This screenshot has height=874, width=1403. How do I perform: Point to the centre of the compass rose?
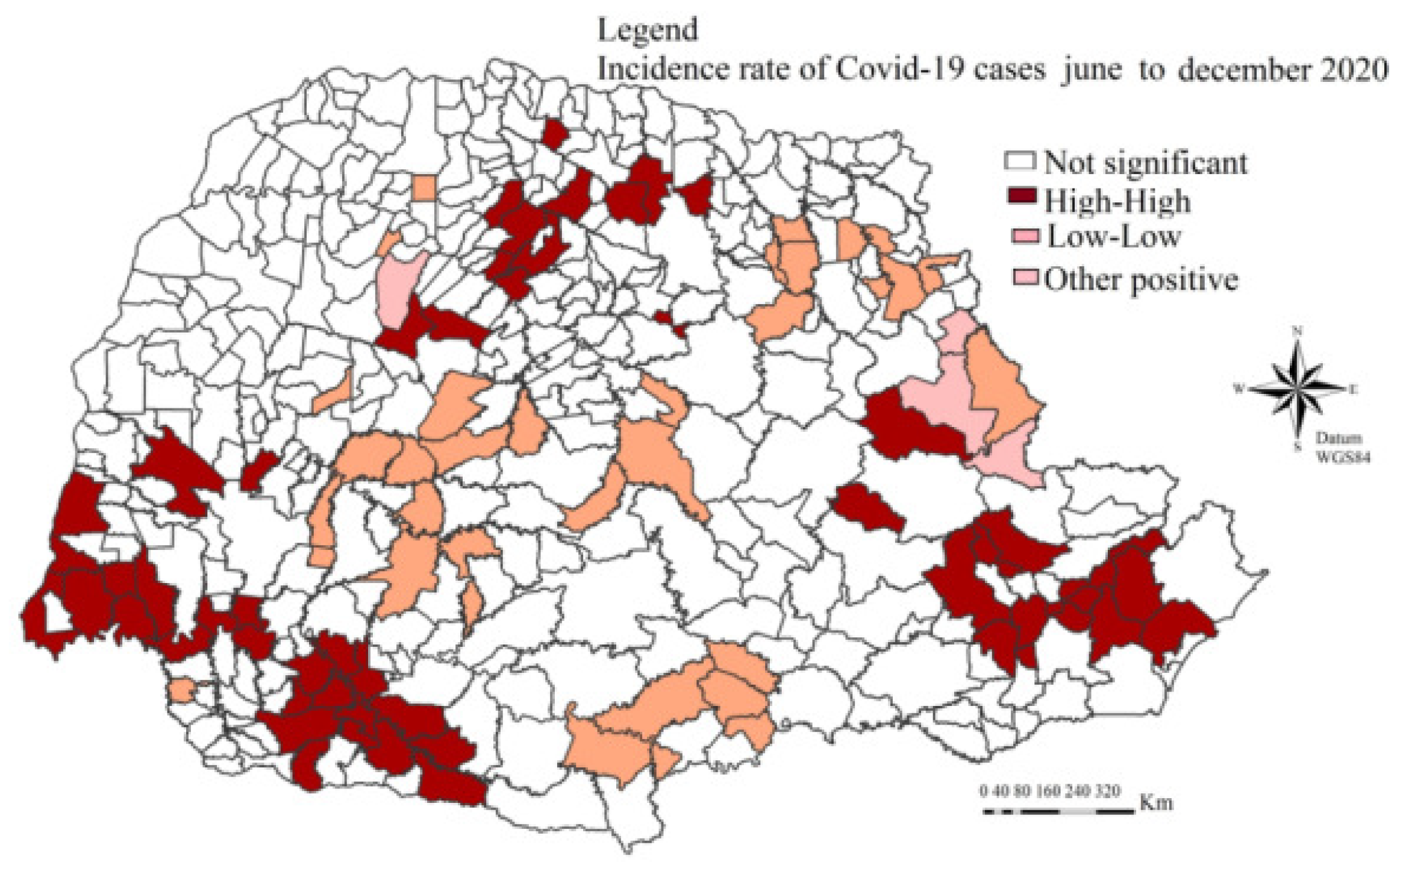pyautogui.click(x=1296, y=389)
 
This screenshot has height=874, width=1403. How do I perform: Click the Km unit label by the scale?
pyautogui.click(x=1155, y=804)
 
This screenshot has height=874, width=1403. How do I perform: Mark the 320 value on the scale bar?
pyautogui.click(x=1108, y=790)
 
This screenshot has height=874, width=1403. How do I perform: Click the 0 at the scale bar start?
pyautogui.click(x=984, y=790)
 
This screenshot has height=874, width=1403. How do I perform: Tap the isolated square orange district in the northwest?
pyautogui.click(x=425, y=189)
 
